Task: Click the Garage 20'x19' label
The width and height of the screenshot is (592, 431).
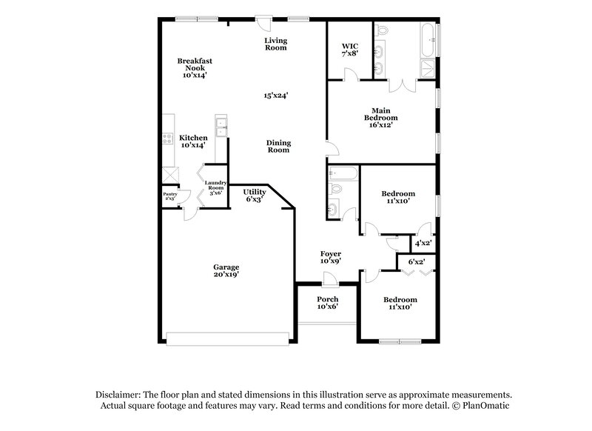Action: [226, 271]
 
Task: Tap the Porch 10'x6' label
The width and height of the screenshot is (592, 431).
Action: [327, 302]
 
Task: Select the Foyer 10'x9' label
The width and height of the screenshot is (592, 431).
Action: [330, 257]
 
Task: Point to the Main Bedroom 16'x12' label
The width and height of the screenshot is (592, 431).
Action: [380, 118]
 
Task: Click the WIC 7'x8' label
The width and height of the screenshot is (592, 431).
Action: [349, 50]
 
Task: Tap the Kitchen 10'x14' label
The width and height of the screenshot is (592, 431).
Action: [193, 141]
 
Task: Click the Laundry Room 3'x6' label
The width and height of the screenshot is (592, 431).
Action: [215, 187]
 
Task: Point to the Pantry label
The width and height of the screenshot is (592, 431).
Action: [169, 196]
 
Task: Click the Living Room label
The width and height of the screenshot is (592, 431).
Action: [276, 44]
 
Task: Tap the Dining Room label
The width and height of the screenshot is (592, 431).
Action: [278, 146]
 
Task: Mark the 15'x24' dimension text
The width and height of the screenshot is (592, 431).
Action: [276, 95]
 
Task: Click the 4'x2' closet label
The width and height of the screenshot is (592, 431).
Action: [423, 243]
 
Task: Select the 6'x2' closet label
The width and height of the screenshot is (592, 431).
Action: [417, 262]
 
